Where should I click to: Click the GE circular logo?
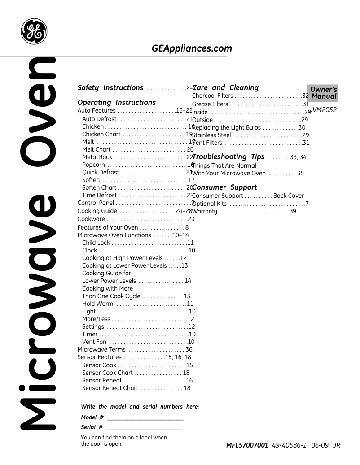coord(34,31)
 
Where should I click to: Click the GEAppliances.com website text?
coord(192,48)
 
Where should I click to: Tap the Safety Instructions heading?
coord(110,88)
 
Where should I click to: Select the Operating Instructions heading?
coord(117,102)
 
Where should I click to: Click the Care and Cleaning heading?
coord(225,88)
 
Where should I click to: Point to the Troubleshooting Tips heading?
coord(228,157)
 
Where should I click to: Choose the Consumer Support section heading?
coord(224,187)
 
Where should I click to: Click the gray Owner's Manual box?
coord(322,93)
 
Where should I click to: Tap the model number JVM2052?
coord(324,109)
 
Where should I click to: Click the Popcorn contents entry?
coord(93,165)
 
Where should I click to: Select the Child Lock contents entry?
coord(96,243)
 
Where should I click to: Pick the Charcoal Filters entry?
coord(213,96)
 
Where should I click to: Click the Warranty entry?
coord(205,212)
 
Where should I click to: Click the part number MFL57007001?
coord(247,445)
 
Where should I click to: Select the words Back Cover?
coord(288,196)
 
